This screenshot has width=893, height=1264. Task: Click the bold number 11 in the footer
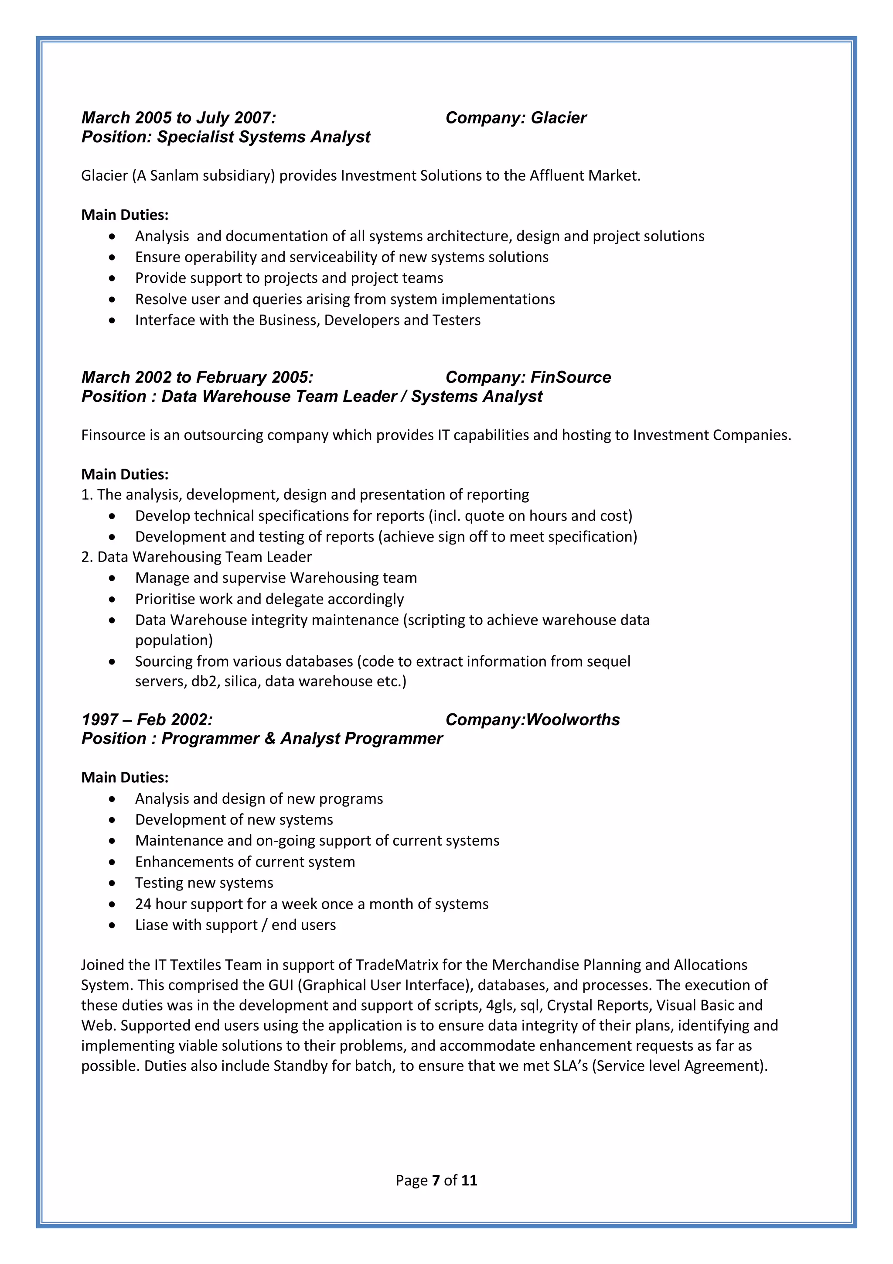tap(469, 1180)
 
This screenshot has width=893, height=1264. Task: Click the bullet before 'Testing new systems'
tap(112, 883)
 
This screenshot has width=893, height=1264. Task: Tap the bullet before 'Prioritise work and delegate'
tap(112, 599)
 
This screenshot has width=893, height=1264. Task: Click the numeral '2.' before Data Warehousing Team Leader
tap(87, 557)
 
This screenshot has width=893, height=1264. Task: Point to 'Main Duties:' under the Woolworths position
tap(125, 778)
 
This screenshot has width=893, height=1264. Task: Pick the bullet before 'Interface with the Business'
tap(112, 320)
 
